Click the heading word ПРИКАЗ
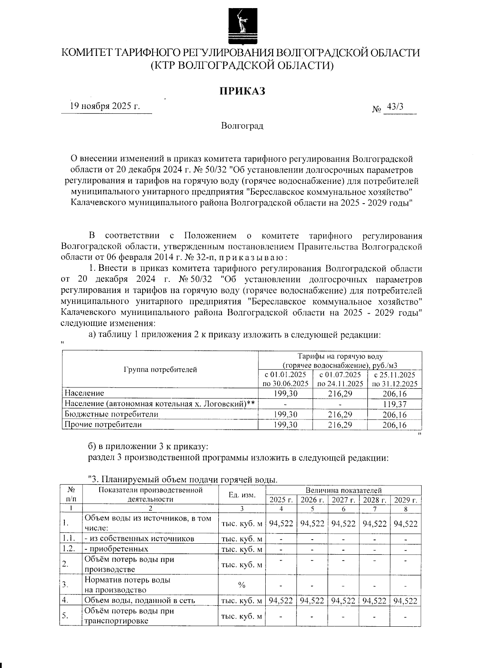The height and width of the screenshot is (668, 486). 242,91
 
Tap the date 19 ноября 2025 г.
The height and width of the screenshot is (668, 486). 105,106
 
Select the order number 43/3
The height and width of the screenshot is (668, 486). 395,107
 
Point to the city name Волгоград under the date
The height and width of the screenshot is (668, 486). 242,126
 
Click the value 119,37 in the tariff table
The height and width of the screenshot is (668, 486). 394,404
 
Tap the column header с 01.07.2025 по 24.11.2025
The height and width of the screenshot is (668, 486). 340,379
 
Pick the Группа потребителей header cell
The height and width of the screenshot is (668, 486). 160,369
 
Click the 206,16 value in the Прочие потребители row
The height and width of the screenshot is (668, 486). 394,425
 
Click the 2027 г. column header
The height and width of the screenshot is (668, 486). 343,500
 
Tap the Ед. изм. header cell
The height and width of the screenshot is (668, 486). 242,495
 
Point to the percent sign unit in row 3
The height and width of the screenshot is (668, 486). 242,585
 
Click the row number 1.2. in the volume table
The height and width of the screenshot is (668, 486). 70,549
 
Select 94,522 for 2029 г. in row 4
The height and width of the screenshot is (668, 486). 405,601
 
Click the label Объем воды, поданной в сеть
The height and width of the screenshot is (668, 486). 140,601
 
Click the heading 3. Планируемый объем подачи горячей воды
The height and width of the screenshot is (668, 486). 183,480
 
